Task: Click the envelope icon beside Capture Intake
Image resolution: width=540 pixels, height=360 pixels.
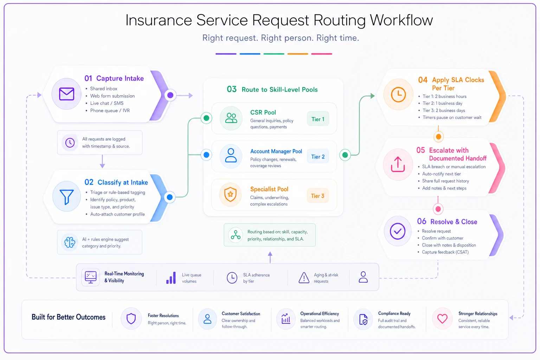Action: pos(66,94)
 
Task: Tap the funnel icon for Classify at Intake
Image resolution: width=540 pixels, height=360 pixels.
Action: pos(66,197)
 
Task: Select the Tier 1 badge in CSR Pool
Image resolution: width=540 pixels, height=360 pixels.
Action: pos(318,119)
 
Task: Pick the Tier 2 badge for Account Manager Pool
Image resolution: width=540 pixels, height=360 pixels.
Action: pos(318,156)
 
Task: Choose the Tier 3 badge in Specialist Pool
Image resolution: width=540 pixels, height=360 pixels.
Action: pos(317,195)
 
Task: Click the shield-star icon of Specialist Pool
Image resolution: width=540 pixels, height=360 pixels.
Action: pos(230,194)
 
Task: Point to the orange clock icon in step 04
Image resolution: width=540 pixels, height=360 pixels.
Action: pos(398,94)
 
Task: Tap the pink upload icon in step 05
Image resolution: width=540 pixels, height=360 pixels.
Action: pos(398,164)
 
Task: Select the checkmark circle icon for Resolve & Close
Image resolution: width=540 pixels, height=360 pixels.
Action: pos(398,231)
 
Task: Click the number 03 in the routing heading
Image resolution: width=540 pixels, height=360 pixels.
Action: pos(232,89)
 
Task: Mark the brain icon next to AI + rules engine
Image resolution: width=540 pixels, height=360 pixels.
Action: pos(70,242)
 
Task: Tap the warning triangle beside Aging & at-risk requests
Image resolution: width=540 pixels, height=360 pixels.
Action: pos(304,277)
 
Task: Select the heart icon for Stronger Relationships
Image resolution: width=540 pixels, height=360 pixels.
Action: pos(442,319)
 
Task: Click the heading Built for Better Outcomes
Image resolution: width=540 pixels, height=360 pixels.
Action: pos(69,317)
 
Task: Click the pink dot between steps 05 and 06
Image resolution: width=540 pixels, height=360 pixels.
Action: pos(438,209)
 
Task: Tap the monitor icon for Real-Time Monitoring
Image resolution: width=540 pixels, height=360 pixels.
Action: pos(91,277)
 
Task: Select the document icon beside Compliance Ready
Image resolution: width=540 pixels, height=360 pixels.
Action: pos(363,320)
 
